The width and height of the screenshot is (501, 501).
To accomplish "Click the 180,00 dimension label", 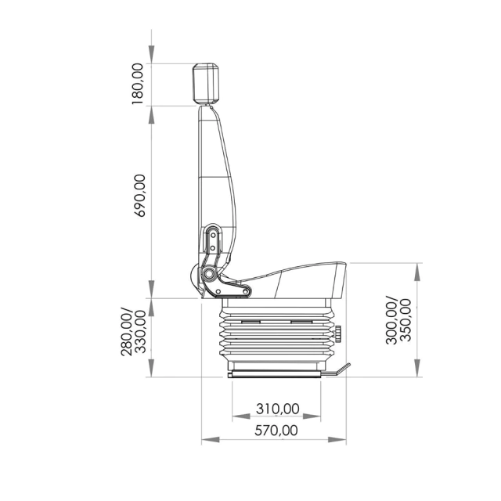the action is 138,84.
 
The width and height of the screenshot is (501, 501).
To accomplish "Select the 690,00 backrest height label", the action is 140,196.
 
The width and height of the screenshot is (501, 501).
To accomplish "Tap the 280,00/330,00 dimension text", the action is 134,332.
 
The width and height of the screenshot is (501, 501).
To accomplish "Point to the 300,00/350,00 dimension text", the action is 398,320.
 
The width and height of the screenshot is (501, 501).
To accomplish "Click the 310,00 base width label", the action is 278,409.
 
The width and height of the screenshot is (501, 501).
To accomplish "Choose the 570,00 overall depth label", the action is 276,431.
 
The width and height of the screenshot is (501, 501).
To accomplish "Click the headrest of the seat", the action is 206,84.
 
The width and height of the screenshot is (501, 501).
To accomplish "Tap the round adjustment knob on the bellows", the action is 337,333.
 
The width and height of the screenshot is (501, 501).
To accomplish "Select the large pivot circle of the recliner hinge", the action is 209,274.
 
